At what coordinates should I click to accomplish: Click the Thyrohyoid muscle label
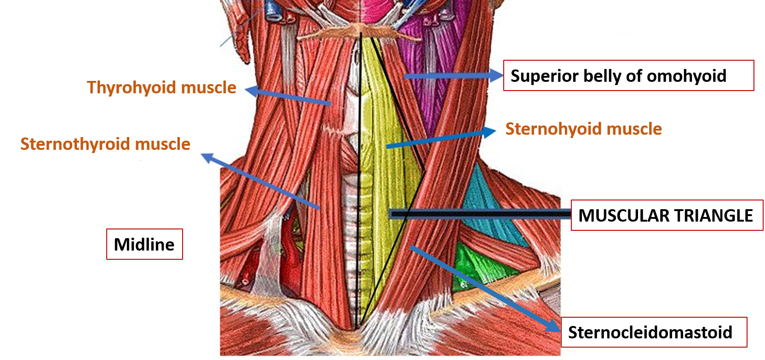click(161, 87)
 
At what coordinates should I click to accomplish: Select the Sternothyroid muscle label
click(105, 144)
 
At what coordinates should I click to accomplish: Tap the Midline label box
click(144, 244)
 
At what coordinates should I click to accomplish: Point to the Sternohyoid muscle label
click(583, 129)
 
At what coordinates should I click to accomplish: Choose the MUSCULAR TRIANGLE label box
click(667, 215)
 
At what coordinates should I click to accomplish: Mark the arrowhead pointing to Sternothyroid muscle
click(207, 158)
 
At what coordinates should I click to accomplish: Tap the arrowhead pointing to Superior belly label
click(497, 75)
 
